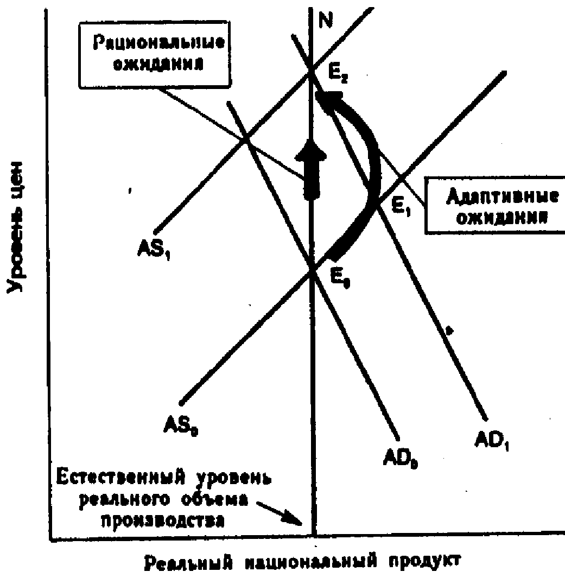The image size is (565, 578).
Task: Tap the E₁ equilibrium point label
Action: (402, 207)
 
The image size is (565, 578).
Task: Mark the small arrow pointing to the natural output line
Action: (280, 513)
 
